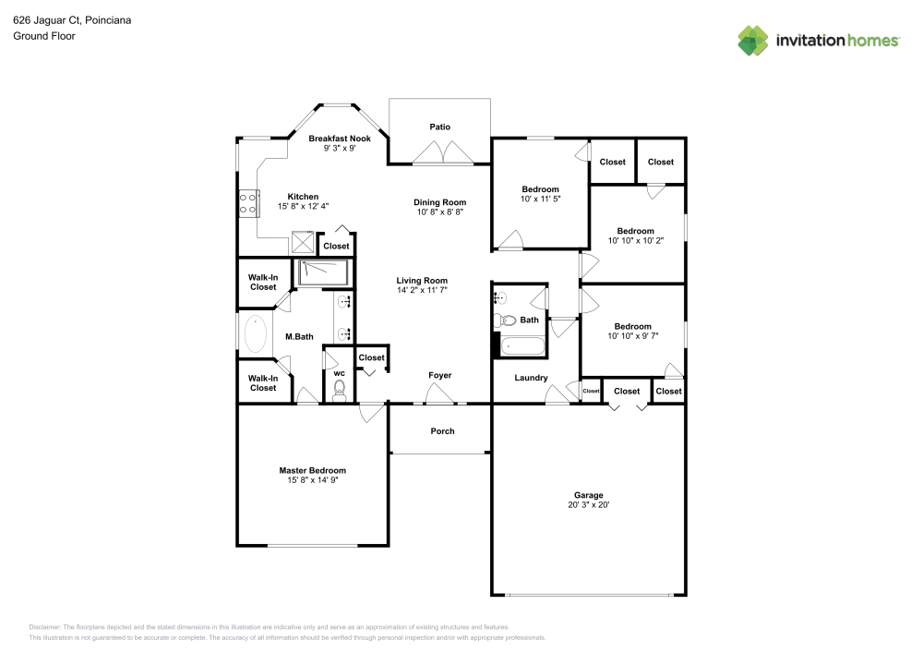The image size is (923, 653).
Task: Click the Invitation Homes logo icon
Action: (753, 40)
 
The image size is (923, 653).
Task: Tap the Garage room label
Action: (588, 495)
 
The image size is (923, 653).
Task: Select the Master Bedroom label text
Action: (312, 470)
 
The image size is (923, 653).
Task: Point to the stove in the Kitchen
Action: (247, 202)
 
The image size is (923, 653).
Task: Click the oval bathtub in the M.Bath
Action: (255, 333)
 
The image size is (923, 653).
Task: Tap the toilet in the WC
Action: (338, 388)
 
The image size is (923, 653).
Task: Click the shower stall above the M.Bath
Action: (322, 272)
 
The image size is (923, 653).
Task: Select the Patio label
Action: (439, 127)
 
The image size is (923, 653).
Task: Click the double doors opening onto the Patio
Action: (444, 153)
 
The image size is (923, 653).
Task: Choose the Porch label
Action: (442, 431)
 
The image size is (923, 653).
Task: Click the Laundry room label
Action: (531, 378)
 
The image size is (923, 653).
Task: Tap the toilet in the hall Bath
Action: (504, 320)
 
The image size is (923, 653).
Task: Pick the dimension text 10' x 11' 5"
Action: (540, 199)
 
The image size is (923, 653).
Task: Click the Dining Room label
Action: (439, 202)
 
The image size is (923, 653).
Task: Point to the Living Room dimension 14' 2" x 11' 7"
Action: (422, 291)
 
